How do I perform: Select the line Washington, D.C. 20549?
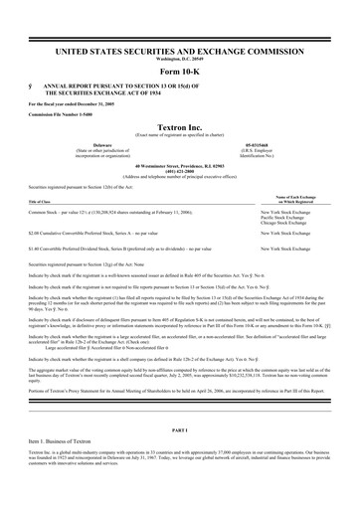179,57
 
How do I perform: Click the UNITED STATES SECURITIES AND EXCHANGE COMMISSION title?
179,49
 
